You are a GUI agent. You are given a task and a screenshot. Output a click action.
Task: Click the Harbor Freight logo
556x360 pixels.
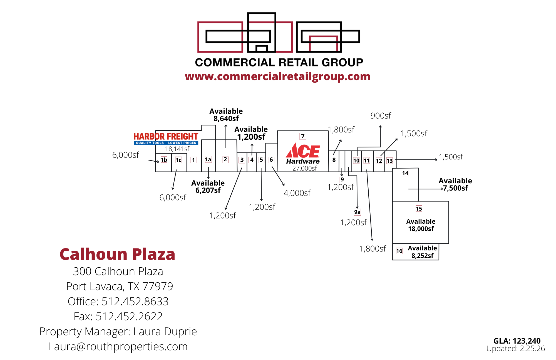(x=166, y=139)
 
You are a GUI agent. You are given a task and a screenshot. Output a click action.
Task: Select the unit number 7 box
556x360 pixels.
(x=303, y=136)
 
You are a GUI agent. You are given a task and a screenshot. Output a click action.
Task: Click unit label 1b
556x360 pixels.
(x=164, y=160)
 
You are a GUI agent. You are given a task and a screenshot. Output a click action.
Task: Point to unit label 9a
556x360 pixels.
(x=357, y=212)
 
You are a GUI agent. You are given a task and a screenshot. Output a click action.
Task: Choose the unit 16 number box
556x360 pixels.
(x=399, y=251)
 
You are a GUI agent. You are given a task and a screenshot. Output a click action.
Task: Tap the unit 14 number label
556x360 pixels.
(x=405, y=173)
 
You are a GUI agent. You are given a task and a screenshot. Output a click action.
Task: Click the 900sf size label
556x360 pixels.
(x=381, y=116)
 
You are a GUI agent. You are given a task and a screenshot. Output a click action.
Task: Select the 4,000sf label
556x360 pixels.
(x=297, y=193)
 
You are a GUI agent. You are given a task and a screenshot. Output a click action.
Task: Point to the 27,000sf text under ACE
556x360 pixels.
(x=304, y=168)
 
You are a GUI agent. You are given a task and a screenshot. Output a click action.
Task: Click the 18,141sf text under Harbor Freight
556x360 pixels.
(x=177, y=149)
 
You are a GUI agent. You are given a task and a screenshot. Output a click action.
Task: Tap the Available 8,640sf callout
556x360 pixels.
(x=226, y=115)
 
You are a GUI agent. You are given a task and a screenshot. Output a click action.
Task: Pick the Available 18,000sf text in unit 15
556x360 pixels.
(x=421, y=225)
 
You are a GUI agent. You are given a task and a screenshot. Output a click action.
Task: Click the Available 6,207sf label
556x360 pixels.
(x=208, y=187)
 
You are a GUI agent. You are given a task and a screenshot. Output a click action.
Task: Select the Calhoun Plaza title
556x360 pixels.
(x=117, y=254)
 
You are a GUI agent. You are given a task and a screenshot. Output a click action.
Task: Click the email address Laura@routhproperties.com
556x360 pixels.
(x=118, y=347)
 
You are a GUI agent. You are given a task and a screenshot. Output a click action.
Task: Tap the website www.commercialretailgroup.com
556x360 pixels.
(x=277, y=77)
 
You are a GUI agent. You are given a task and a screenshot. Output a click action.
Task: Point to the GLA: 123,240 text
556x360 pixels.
(x=517, y=341)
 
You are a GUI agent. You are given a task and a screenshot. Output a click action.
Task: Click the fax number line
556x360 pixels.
(x=118, y=317)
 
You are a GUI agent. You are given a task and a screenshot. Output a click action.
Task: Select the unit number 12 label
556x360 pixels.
(x=379, y=161)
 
